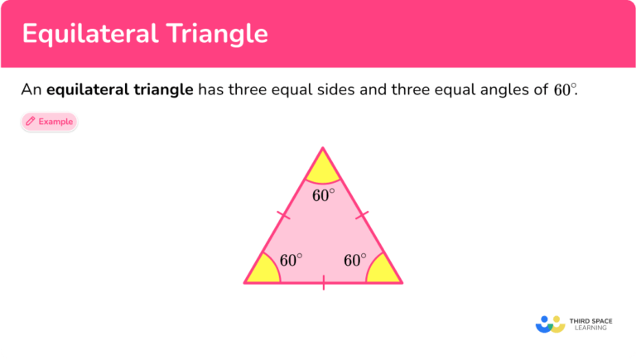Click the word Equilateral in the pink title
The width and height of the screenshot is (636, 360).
click(86, 34)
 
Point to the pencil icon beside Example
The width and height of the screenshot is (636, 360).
click(31, 122)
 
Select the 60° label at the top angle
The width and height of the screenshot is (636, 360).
click(324, 195)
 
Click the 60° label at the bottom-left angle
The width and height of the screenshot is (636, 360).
click(291, 260)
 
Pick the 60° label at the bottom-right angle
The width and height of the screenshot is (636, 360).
click(354, 260)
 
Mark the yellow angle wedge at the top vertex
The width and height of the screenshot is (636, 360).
click(323, 169)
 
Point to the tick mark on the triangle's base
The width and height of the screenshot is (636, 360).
click(323, 284)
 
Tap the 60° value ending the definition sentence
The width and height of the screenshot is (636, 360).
click(564, 90)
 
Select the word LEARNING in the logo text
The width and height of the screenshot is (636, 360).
click(590, 329)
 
